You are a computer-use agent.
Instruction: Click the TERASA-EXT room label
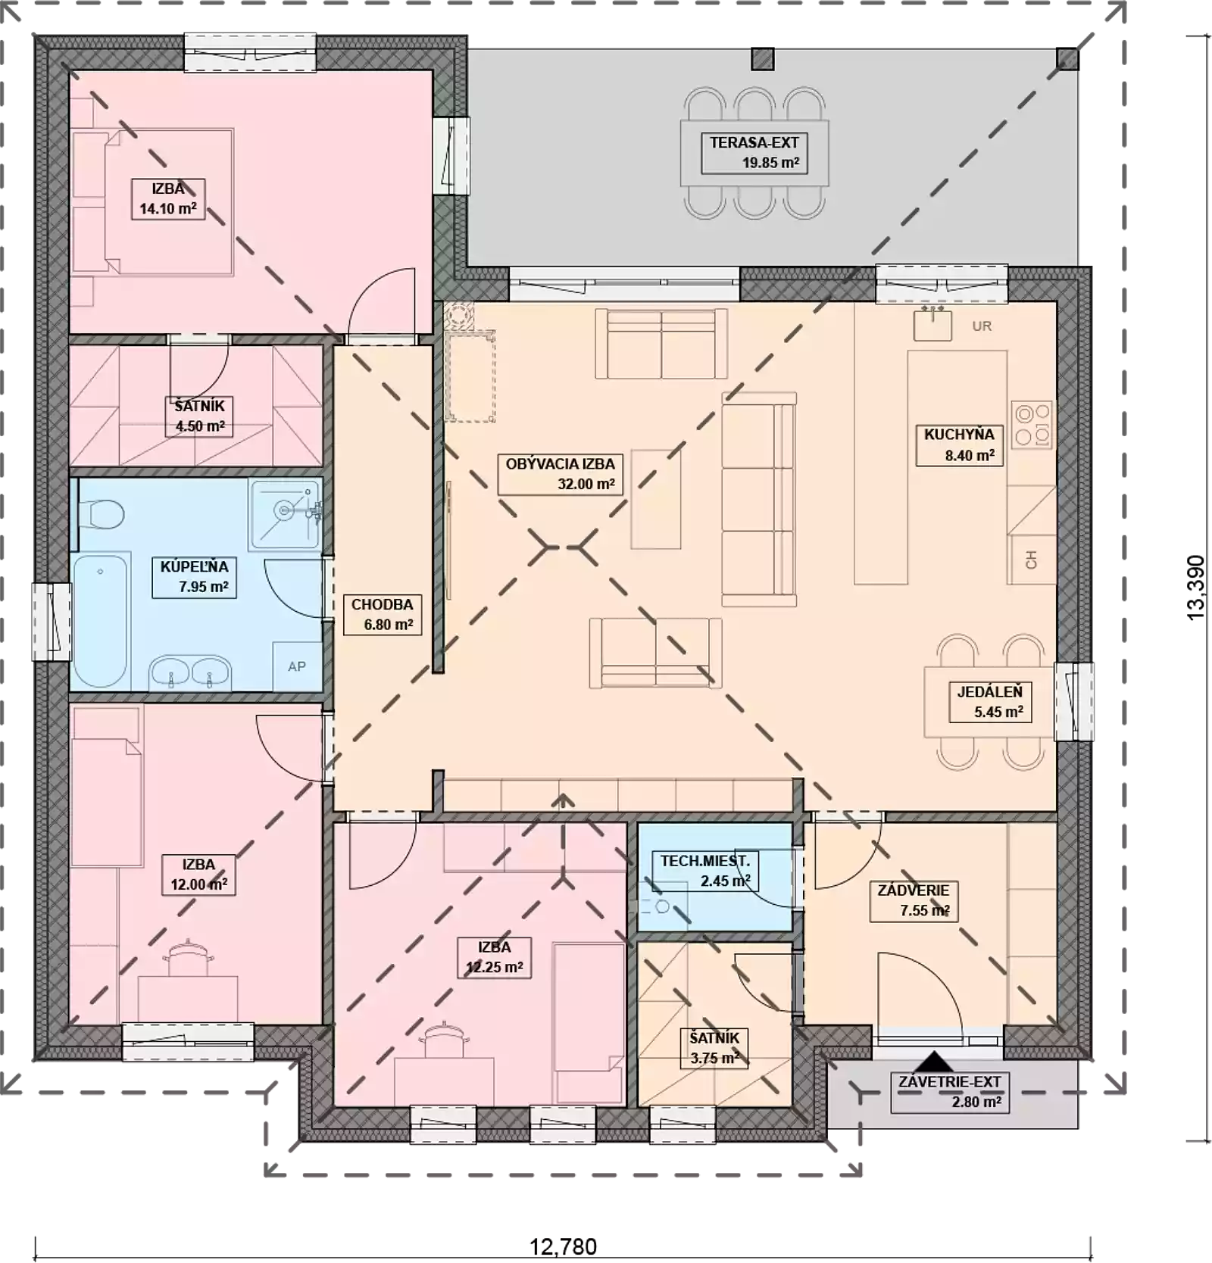click(x=754, y=153)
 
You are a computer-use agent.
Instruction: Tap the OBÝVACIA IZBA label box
click(x=560, y=474)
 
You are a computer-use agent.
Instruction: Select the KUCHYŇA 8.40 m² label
click(x=959, y=444)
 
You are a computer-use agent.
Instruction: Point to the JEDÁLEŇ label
click(x=989, y=701)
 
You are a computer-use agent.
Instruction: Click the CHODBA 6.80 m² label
click(x=382, y=614)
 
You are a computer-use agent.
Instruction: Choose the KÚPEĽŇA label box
click(x=194, y=577)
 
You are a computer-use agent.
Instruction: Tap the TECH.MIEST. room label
click(x=705, y=871)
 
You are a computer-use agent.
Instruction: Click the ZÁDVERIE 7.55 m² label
click(x=914, y=900)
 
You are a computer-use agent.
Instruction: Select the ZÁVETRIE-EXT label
click(x=950, y=1092)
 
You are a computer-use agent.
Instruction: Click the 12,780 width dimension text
click(x=563, y=1246)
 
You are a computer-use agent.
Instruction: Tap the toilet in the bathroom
click(x=102, y=515)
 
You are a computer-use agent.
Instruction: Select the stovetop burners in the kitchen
click(x=1032, y=425)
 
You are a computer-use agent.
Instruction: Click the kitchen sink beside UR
click(x=932, y=324)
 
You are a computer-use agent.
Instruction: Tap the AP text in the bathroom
click(x=297, y=666)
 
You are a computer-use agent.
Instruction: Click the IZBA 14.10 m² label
click(x=167, y=199)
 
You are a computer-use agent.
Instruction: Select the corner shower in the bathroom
click(x=285, y=513)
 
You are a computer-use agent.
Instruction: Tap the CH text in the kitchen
click(x=1031, y=560)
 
